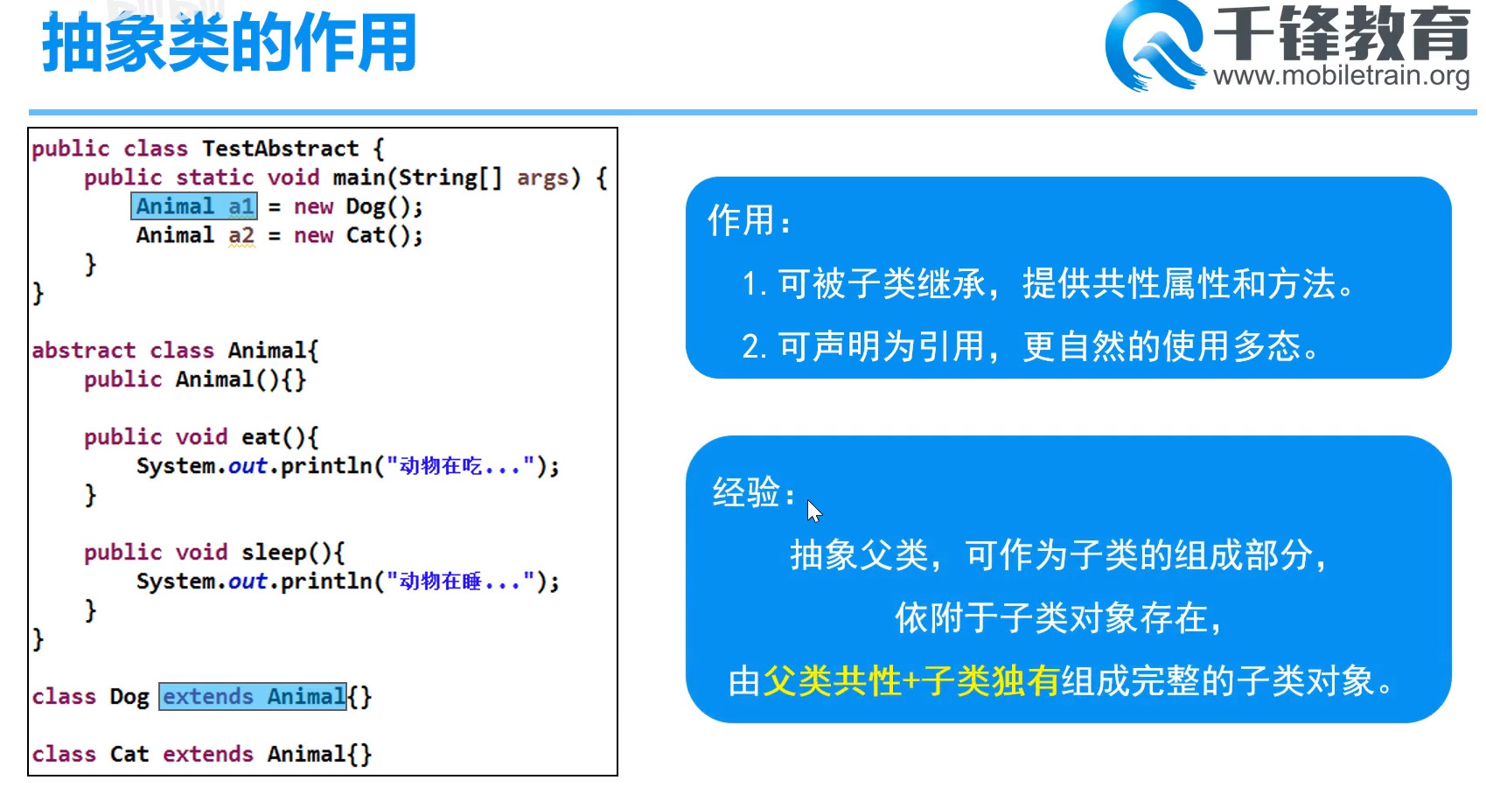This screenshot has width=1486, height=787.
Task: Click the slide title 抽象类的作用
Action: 229,44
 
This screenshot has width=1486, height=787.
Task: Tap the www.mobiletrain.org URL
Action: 1341,75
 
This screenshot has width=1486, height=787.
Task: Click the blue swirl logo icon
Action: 1155,45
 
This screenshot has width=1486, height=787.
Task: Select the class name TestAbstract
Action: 281,149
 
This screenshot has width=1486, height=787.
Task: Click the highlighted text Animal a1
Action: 194,206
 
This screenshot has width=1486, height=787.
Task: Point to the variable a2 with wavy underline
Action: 241,236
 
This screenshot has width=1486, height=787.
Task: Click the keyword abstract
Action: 84,350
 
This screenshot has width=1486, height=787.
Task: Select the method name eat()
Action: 273,437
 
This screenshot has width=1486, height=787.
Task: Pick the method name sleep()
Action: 287,553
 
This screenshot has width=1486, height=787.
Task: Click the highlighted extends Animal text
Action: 253,697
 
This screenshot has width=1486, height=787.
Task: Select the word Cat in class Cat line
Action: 129,755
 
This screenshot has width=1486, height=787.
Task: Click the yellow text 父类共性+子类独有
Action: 910,681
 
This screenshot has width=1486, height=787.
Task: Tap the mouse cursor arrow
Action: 814,512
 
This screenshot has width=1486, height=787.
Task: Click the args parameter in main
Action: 542,178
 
